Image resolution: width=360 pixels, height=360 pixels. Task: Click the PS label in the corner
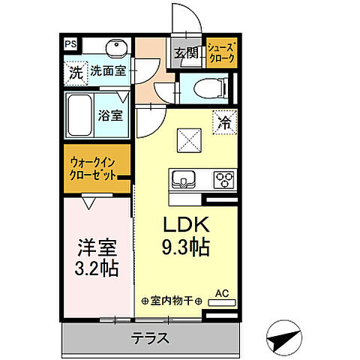point(69,43)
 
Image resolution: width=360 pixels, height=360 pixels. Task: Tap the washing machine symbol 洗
point(75,73)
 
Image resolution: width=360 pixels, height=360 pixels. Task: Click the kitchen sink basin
point(183,180)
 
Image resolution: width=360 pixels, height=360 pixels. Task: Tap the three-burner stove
point(223,180)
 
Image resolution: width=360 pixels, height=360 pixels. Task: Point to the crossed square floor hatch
point(187,138)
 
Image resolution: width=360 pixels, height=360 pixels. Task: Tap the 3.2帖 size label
point(97,268)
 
